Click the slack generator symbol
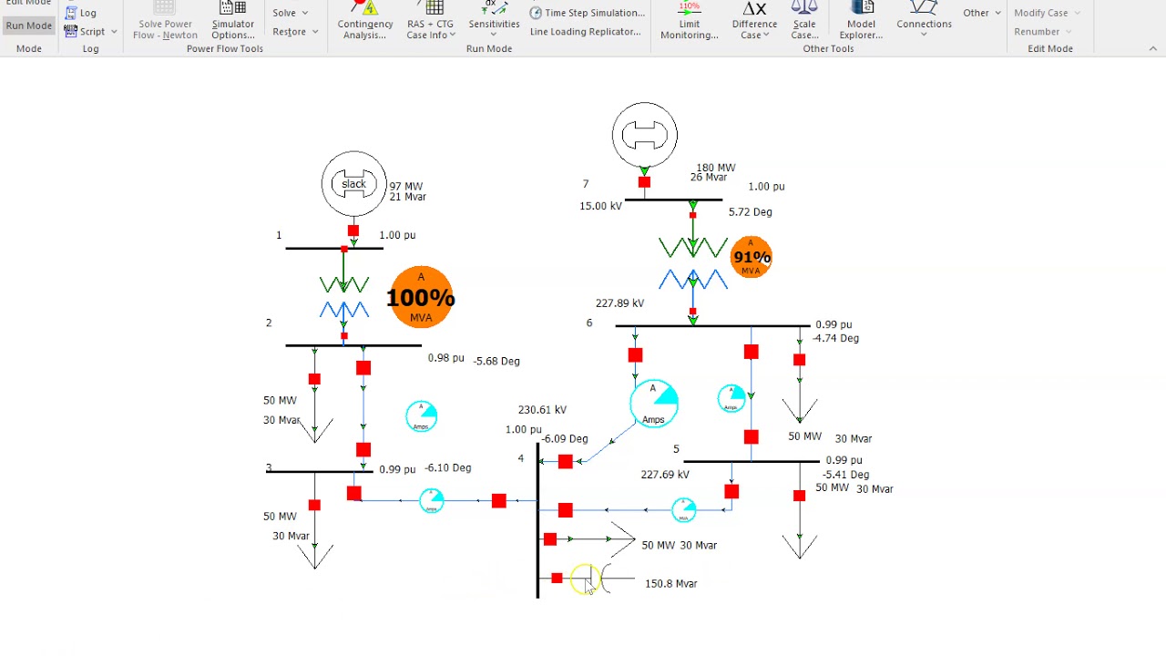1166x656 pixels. tap(353, 184)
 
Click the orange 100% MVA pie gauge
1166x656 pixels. tap(420, 297)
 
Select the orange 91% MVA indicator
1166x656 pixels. tap(752, 257)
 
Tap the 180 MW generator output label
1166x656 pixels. tap(715, 168)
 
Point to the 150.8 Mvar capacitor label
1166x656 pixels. tap(670, 584)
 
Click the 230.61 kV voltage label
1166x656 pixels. tap(542, 410)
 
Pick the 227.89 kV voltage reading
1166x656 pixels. tap(619, 303)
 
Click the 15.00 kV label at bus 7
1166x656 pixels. tap(600, 206)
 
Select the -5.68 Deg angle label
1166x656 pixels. tap(496, 361)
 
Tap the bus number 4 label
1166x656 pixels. tap(521, 458)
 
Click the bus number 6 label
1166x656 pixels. tap(589, 323)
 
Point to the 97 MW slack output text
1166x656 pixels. tap(406, 186)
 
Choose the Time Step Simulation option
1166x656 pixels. tap(588, 13)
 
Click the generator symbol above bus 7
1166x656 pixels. tap(645, 136)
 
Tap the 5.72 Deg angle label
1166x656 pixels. tap(750, 211)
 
